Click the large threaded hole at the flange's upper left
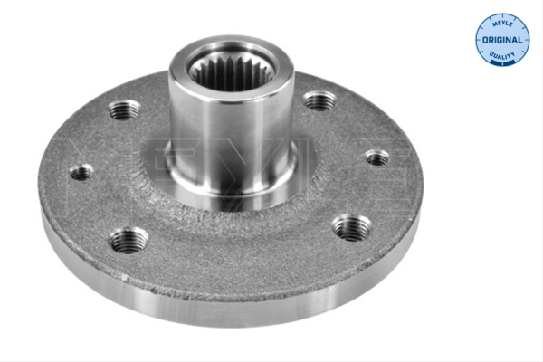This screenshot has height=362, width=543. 124,110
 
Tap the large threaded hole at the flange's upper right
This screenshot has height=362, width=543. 320,100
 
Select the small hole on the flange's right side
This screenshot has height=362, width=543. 377,157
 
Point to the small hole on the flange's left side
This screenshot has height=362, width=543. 81,172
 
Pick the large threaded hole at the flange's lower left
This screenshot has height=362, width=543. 128,240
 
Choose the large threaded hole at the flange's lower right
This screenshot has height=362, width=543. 352,227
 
